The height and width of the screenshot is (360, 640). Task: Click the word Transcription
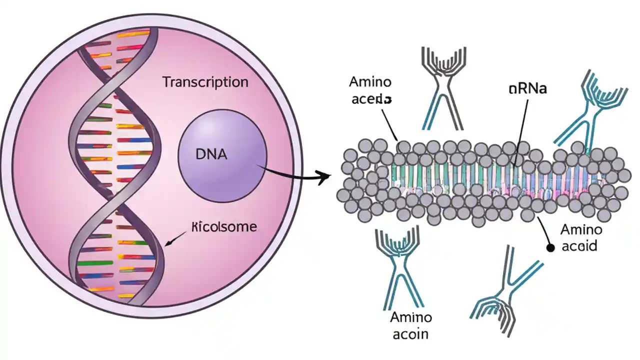(205, 82)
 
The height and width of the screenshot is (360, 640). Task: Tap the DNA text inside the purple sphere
(211, 154)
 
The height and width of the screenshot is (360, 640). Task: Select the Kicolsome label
(224, 227)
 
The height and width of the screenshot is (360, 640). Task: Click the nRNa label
(527, 89)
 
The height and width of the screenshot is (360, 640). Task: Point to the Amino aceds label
(370, 90)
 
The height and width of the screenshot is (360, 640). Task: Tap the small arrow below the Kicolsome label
(173, 241)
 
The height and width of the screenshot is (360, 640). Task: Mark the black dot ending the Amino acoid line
(550, 247)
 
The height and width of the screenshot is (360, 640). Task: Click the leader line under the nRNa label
(520, 130)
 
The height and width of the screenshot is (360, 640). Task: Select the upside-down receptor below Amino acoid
(505, 290)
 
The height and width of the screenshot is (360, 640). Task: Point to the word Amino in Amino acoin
(410, 317)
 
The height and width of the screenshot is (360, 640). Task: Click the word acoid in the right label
(579, 246)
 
